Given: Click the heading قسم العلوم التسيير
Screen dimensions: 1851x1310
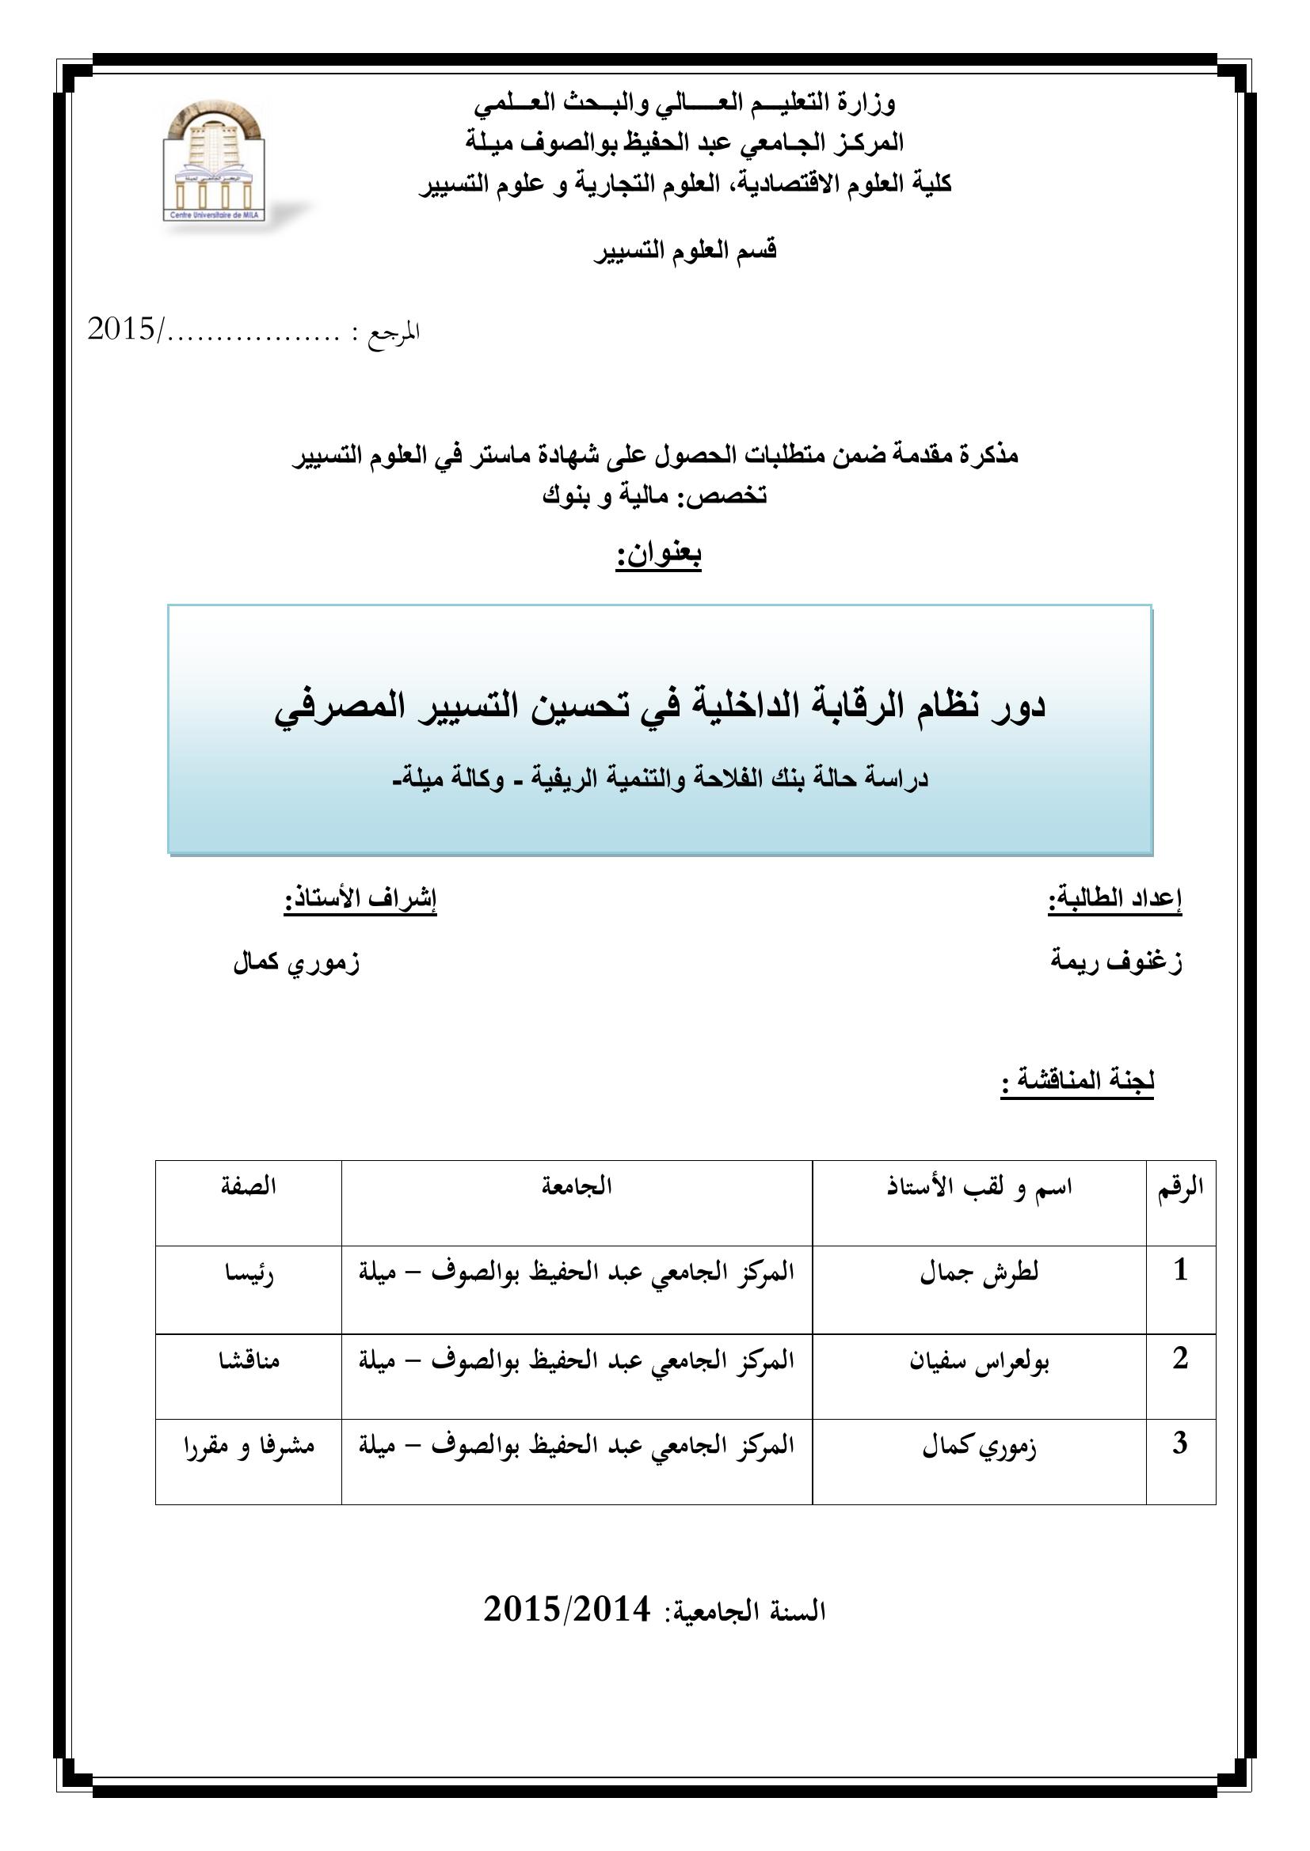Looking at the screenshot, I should coord(685,251).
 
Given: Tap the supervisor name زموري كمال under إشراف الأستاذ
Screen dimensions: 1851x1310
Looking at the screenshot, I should coord(296,962).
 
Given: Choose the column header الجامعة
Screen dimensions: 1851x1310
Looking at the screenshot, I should coord(576,1187).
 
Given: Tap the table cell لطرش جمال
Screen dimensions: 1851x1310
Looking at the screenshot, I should coord(978,1273).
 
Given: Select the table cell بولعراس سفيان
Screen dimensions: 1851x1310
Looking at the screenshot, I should coord(978,1362).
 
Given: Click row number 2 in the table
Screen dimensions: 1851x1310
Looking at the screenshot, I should coord(1180,1359).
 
